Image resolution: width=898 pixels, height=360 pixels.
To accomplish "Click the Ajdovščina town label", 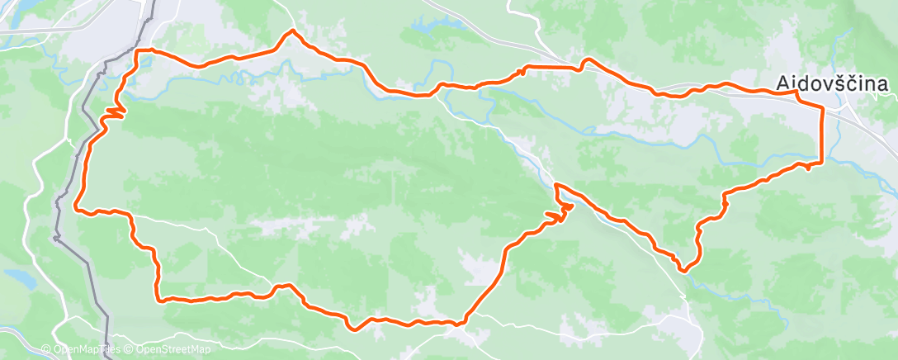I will (831, 83).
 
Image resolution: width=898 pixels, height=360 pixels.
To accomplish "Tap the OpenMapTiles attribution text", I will (80, 350).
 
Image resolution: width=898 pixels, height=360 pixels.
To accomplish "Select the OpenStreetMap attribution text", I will (168, 350).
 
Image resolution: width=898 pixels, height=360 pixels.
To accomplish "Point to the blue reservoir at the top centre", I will (426, 26).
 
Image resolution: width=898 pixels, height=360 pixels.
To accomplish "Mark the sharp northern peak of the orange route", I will (291, 31).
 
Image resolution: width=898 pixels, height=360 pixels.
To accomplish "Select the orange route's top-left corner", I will (138, 52).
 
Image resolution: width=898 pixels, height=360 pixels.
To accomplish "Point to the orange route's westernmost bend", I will (77, 206).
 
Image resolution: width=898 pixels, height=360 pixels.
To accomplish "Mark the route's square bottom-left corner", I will (158, 298).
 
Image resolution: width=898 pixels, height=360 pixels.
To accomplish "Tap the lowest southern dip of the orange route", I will (354, 329).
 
